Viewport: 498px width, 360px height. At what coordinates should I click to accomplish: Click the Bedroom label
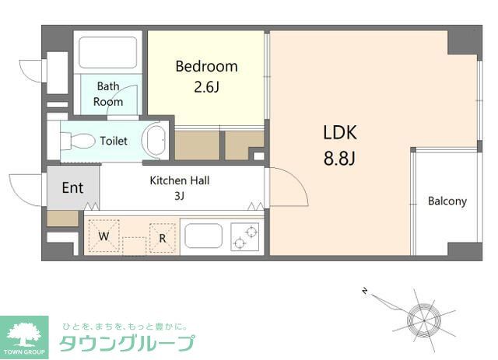click(206, 66)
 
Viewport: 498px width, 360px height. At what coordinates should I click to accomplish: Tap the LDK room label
click(339, 132)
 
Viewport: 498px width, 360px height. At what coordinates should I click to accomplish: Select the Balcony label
click(447, 201)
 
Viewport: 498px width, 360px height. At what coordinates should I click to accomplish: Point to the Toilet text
click(114, 141)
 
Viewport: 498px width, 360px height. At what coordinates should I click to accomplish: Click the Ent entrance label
click(72, 187)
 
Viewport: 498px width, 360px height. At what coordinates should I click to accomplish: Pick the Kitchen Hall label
click(180, 180)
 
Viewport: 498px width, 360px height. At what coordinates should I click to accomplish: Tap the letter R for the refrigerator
click(163, 238)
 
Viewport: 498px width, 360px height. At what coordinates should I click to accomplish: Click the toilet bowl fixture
click(78, 142)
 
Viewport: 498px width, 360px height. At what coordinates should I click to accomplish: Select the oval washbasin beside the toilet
click(156, 140)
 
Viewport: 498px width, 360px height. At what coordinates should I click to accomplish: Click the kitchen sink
click(204, 236)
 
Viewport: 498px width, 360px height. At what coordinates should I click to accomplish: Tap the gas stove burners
click(246, 236)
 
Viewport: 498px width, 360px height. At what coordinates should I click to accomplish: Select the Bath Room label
click(108, 94)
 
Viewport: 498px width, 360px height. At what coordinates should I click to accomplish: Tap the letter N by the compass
click(364, 291)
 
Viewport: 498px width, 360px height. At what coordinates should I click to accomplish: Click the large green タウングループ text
click(128, 343)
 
